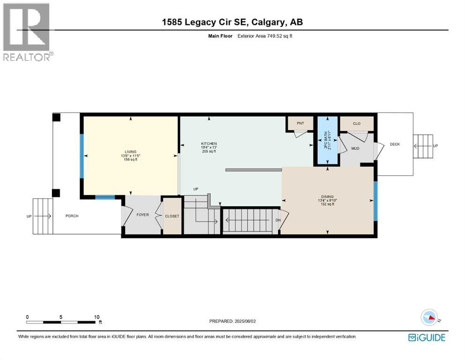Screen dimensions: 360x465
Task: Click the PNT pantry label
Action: coord(300,123)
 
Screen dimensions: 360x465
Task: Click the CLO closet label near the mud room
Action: coord(356,123)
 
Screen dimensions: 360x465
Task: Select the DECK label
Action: coord(395,144)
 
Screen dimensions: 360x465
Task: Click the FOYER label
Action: coord(142,215)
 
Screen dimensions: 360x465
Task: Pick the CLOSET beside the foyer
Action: coord(172,216)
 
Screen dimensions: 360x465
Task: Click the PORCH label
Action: coord(72,216)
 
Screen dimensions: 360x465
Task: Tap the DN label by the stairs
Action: coord(278,220)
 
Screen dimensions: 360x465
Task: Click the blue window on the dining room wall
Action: coord(375,201)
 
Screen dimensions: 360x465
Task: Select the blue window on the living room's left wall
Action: coord(81,156)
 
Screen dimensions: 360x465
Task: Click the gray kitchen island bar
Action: coord(253,170)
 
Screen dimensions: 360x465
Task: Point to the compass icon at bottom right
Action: coord(429,317)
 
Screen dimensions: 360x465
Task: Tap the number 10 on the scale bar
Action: coord(96,317)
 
